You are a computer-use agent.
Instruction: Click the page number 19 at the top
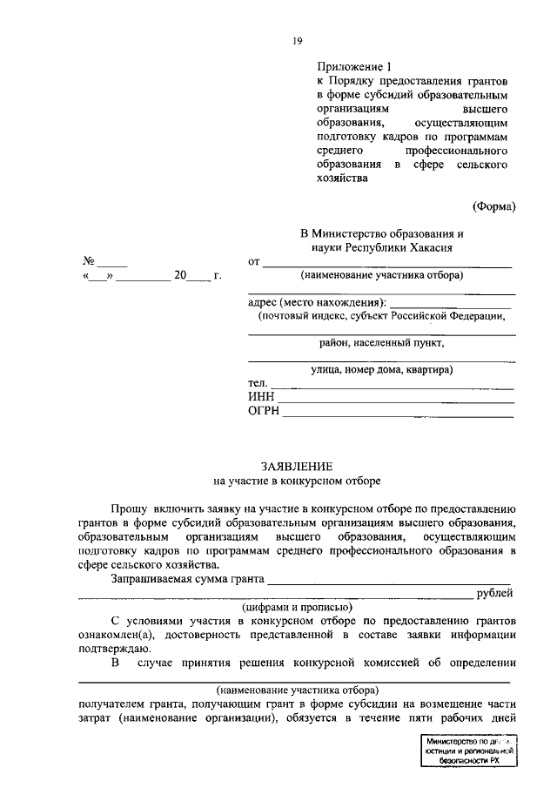297,40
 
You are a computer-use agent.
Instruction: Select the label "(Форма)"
494,206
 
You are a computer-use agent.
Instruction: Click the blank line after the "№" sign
112,262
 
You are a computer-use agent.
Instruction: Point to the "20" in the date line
180,276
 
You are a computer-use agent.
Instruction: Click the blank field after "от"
387,262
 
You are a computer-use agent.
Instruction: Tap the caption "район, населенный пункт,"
380,343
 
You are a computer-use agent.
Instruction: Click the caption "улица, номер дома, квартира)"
380,370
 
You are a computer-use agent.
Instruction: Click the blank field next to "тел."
392,384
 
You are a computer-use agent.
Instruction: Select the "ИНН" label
261,397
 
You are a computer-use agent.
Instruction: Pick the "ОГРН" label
264,411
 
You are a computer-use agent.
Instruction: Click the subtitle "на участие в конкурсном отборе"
297,480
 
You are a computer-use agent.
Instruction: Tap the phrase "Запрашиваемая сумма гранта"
187,578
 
